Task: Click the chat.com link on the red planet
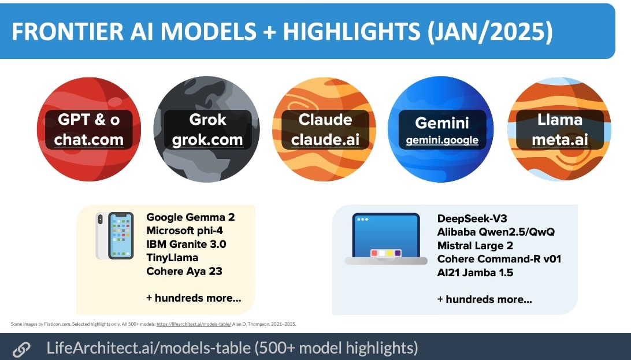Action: tap(89, 139)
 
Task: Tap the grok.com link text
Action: tap(208, 139)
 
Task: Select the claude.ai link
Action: tap(325, 139)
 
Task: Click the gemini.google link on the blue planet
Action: tap(441, 140)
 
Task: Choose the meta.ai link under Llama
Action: tap(560, 139)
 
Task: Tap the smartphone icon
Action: tap(115, 236)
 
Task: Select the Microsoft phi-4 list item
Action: tap(185, 231)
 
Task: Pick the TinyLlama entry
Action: tap(172, 257)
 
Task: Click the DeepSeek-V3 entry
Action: tap(472, 218)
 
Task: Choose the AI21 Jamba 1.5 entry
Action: tap(475, 272)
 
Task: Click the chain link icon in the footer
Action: tap(21, 349)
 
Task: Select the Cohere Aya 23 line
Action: tap(184, 271)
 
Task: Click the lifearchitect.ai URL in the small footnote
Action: tap(194, 324)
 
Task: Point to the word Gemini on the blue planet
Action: tap(441, 123)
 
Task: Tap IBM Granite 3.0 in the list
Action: tap(186, 244)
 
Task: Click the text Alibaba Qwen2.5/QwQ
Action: tap(496, 232)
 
